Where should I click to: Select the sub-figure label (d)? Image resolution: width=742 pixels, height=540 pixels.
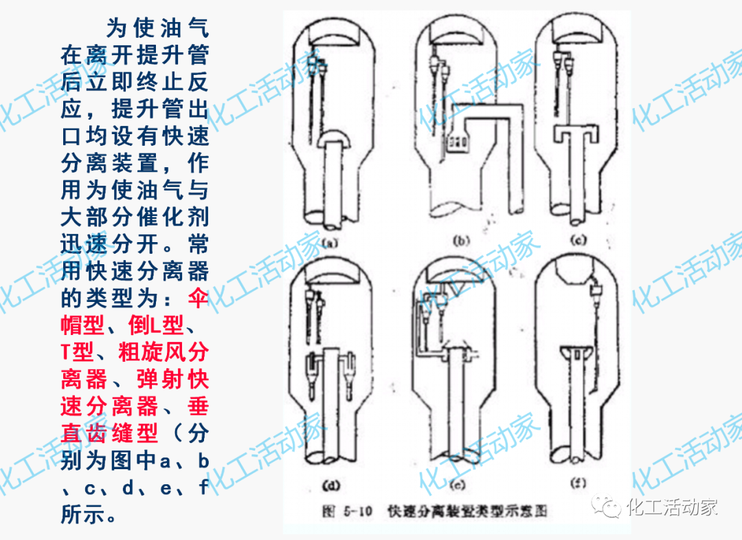330,486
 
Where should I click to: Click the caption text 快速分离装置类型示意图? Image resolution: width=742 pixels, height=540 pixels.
467,512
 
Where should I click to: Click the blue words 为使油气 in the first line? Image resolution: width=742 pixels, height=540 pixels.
157,29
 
